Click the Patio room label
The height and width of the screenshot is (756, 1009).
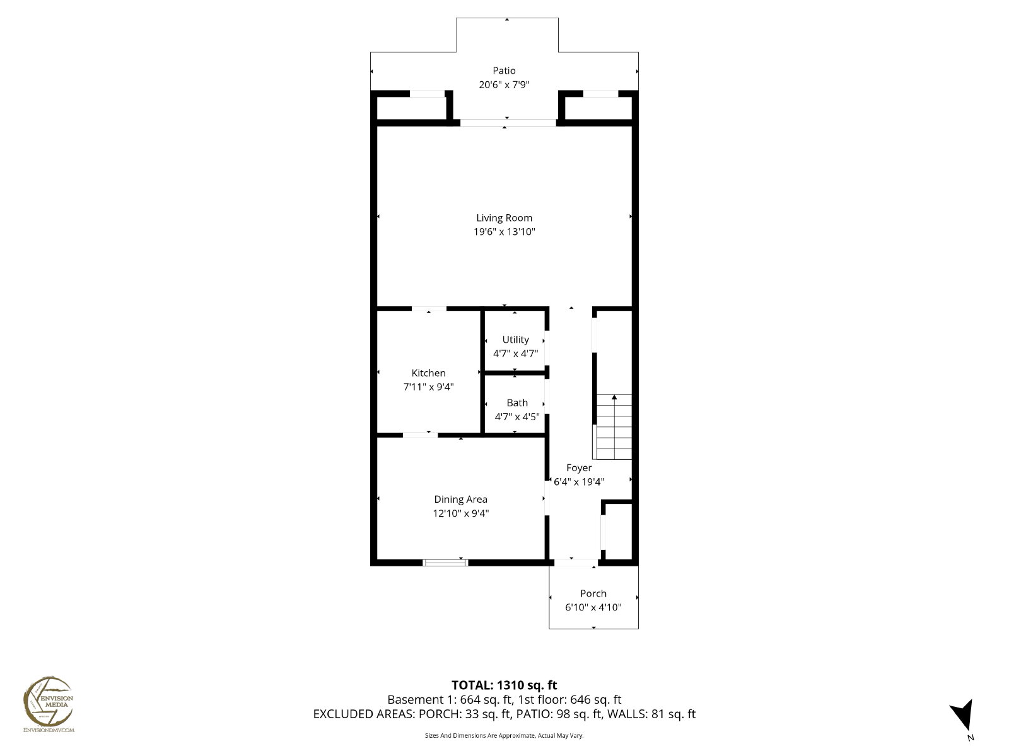504,71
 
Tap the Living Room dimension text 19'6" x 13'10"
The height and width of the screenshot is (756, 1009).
504,232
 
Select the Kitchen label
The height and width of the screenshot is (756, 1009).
428,373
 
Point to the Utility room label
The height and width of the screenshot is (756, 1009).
515,340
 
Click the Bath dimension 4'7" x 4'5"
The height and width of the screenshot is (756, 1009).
516,417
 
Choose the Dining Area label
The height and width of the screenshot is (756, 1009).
460,500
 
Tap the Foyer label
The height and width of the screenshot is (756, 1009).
579,467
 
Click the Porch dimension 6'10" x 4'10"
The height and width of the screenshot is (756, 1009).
593,607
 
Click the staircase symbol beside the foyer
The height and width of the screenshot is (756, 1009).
614,427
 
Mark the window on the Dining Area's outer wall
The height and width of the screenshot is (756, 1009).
445,563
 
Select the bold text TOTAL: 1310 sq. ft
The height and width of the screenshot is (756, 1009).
504,685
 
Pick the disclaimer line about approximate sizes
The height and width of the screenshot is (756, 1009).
504,735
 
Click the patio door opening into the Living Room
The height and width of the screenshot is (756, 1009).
508,123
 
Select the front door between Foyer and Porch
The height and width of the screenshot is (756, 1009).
576,563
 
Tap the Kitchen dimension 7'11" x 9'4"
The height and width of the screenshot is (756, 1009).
428,387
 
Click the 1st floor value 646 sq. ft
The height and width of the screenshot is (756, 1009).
596,699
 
